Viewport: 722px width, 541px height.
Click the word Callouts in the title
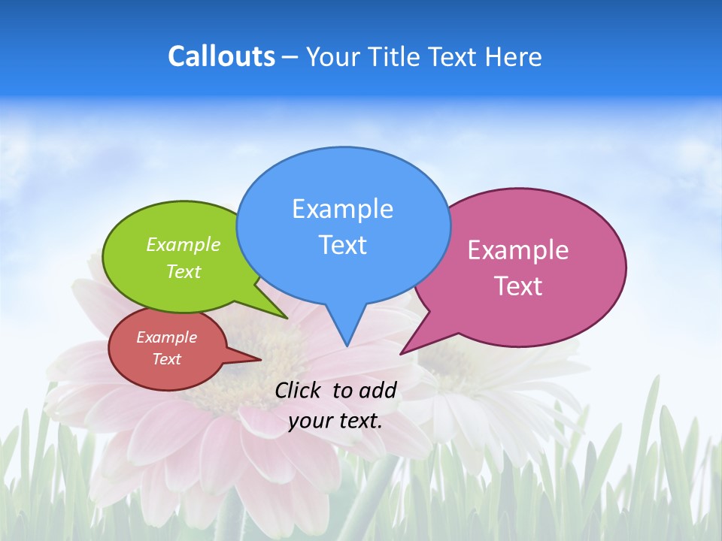pos(221,56)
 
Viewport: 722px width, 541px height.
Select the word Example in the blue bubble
pos(342,209)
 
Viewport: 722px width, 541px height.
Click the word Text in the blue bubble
pos(342,245)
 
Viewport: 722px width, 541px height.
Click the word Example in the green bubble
pos(184,245)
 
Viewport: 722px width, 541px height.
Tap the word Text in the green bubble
pos(184,271)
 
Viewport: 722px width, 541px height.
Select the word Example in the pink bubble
pos(518,250)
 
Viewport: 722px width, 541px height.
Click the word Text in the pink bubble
pos(518,286)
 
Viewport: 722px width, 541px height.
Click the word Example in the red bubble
pos(166,337)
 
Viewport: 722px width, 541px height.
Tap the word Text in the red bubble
pos(166,359)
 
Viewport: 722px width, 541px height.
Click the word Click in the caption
pos(299,390)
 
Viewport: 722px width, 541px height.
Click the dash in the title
pos(290,57)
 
